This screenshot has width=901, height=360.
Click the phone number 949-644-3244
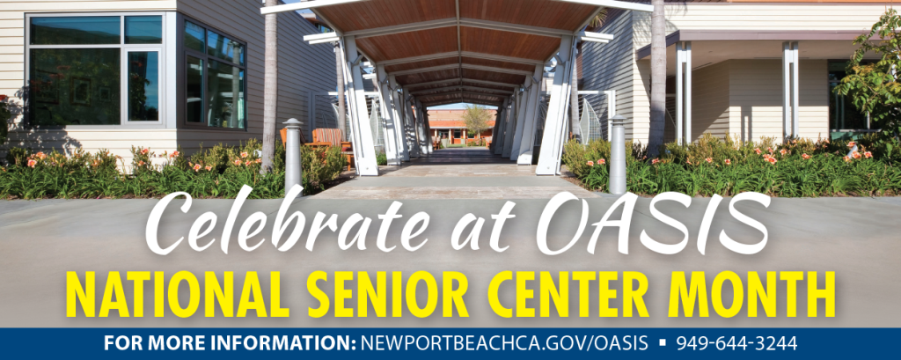(736, 344)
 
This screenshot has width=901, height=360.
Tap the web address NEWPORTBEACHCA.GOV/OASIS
(504, 344)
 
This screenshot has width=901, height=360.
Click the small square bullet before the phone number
(662, 343)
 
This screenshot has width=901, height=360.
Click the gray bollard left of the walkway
(292, 156)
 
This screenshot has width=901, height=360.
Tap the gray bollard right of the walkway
(618, 154)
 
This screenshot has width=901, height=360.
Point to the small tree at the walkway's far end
(477, 121)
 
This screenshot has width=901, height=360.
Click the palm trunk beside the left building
(269, 86)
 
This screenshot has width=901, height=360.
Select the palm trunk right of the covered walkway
(656, 80)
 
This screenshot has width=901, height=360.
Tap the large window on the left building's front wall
(95, 70)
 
